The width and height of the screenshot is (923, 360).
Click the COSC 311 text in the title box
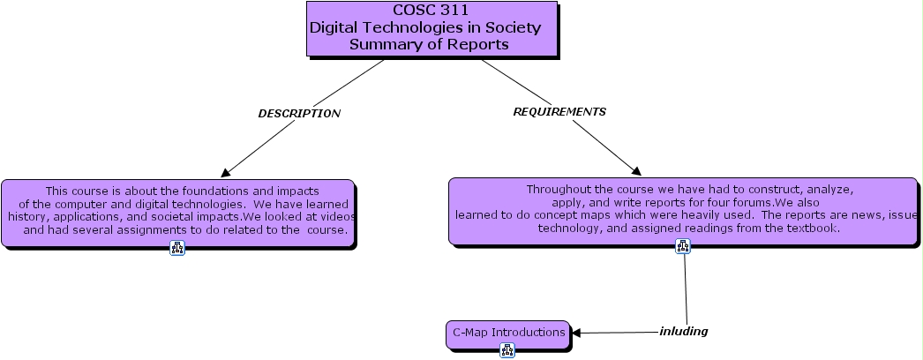tap(431, 11)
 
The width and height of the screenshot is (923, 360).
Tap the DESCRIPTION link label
tap(298, 114)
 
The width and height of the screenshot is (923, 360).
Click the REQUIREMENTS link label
tap(559, 112)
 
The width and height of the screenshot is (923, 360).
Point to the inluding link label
tap(683, 332)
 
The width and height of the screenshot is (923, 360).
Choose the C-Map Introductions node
tap(508, 333)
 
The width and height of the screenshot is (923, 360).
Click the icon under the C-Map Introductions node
tap(507, 350)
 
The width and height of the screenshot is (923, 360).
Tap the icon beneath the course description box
tap(177, 248)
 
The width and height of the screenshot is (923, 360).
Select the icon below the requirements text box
tap(683, 246)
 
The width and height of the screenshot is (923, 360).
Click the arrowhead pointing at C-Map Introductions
tap(576, 334)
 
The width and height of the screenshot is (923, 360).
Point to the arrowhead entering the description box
tap(226, 172)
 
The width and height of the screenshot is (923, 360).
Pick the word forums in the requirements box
tap(754, 202)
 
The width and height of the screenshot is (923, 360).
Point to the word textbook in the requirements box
tap(812, 228)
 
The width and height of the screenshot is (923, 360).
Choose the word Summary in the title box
tap(380, 44)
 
